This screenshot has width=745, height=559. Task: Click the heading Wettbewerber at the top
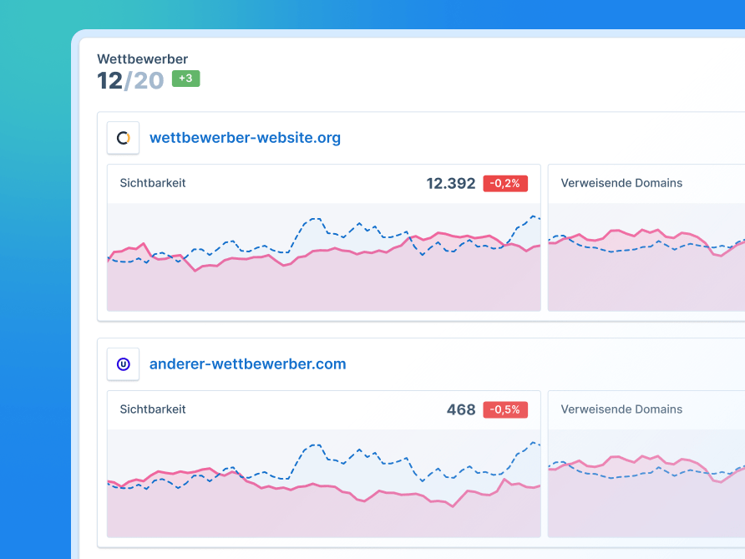pos(142,59)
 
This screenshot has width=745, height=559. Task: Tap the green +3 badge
pos(185,79)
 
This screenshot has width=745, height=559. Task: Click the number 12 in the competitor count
pos(109,81)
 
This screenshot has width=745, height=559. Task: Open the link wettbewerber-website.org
pos(245,138)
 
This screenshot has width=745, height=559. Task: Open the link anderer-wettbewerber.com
pos(247,364)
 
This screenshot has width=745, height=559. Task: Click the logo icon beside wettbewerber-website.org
pos(123,138)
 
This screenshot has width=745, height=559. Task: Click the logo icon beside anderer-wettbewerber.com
pos(123,364)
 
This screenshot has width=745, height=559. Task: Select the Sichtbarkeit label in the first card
pos(153,183)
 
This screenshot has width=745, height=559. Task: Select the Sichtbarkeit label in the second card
pos(153,409)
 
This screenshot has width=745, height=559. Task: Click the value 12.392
pos(450,184)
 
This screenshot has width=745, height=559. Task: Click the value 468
pos(461,410)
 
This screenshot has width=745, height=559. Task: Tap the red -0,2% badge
pos(505,184)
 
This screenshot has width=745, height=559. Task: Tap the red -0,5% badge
pos(505,410)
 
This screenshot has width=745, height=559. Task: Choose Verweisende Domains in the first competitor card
pos(621,183)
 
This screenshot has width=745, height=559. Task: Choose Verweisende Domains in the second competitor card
pos(621,409)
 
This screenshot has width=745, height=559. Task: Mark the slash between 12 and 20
pos(128,81)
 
